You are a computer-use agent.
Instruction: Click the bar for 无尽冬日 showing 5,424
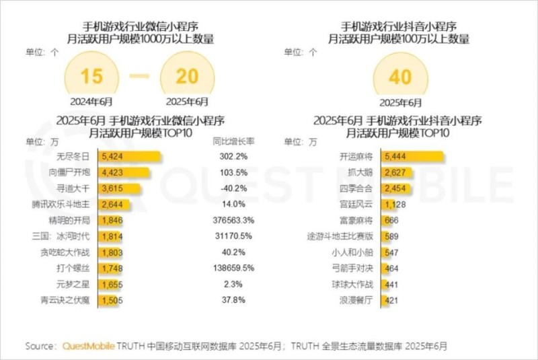click(x=129, y=156)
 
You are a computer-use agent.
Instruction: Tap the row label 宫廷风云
click(x=356, y=204)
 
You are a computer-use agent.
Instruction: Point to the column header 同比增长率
click(x=233, y=141)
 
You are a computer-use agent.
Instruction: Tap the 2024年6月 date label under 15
click(x=91, y=102)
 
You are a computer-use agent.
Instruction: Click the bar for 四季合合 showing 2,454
click(x=394, y=188)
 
